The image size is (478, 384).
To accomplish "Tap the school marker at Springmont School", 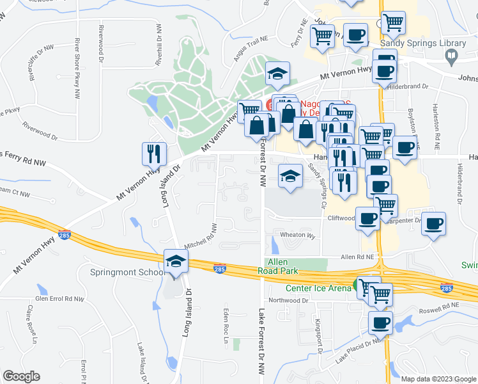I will pos(176,261).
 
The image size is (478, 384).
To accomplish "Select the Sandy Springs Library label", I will pos(423,43).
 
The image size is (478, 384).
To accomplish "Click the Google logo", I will pos(21,376).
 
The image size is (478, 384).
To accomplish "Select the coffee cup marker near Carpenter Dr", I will pos(434,224).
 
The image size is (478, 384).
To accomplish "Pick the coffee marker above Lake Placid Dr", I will pos(381,323).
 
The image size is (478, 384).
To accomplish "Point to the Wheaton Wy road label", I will pos(299,236).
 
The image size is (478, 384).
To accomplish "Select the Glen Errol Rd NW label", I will pos(60,299).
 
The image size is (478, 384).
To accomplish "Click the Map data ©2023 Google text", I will pos(438,378).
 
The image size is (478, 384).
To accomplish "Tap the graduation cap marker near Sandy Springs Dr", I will pos(290,176).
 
